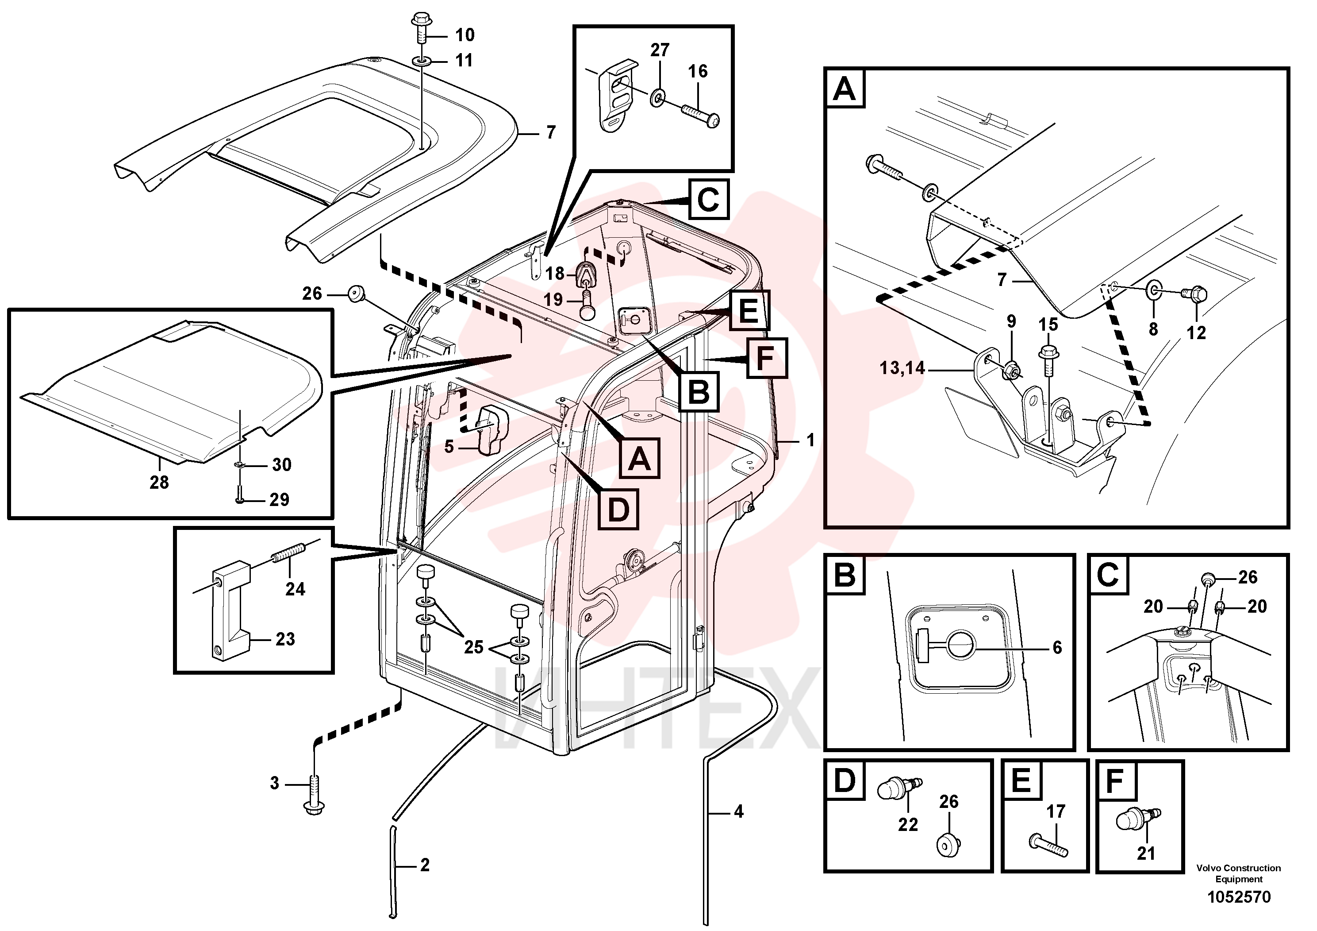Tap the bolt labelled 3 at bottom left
tap(315, 794)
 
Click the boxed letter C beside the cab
tap(708, 199)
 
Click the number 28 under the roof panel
tap(159, 482)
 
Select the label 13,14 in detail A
tap(902, 367)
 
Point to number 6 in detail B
tap(1057, 648)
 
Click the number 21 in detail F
tap(1145, 854)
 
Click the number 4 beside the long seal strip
tap(739, 811)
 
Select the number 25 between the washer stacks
tap(474, 648)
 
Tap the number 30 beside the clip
tap(282, 464)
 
